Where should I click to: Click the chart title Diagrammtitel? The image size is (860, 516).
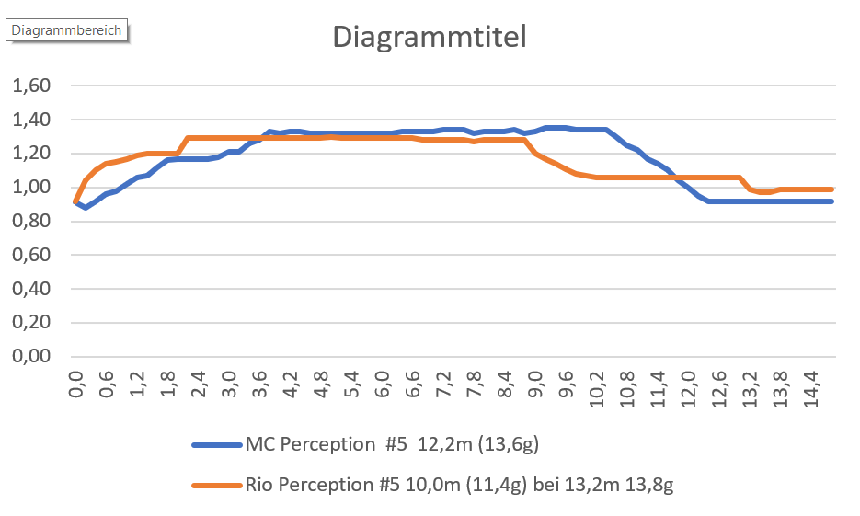(x=429, y=38)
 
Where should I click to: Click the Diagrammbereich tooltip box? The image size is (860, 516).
(x=66, y=29)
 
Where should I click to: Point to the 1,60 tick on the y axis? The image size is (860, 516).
(x=30, y=86)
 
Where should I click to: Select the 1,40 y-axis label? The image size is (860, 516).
(x=30, y=120)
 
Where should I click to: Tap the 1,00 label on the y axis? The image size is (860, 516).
(x=30, y=189)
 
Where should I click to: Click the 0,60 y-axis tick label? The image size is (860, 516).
(x=30, y=256)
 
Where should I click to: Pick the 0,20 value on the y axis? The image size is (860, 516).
(x=30, y=324)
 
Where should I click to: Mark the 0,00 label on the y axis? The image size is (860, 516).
(x=30, y=358)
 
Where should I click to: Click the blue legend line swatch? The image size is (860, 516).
(x=215, y=445)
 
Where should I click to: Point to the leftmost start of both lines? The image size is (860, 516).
(x=75, y=201)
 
